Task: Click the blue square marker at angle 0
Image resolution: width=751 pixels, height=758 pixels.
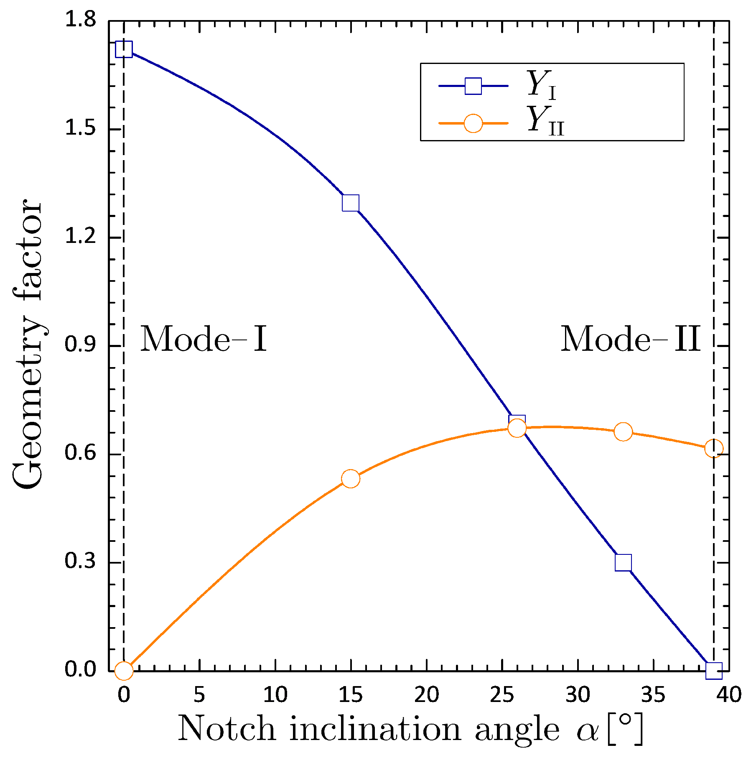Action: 124,49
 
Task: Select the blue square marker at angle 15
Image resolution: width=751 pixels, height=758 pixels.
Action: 351,203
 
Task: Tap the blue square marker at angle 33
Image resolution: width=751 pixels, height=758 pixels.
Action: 623,563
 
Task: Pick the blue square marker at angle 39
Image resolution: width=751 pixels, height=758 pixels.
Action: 714,671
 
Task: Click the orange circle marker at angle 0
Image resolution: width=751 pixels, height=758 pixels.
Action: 124,671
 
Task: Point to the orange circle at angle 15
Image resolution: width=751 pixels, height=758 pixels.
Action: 351,479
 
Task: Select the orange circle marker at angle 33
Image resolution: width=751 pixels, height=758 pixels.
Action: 623,432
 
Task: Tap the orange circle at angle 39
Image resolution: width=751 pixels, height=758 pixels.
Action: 714,448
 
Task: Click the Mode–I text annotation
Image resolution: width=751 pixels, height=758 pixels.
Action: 203,339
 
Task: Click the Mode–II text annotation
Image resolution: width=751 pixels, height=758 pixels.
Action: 630,339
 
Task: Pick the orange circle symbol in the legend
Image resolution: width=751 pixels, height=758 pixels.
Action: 473,123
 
